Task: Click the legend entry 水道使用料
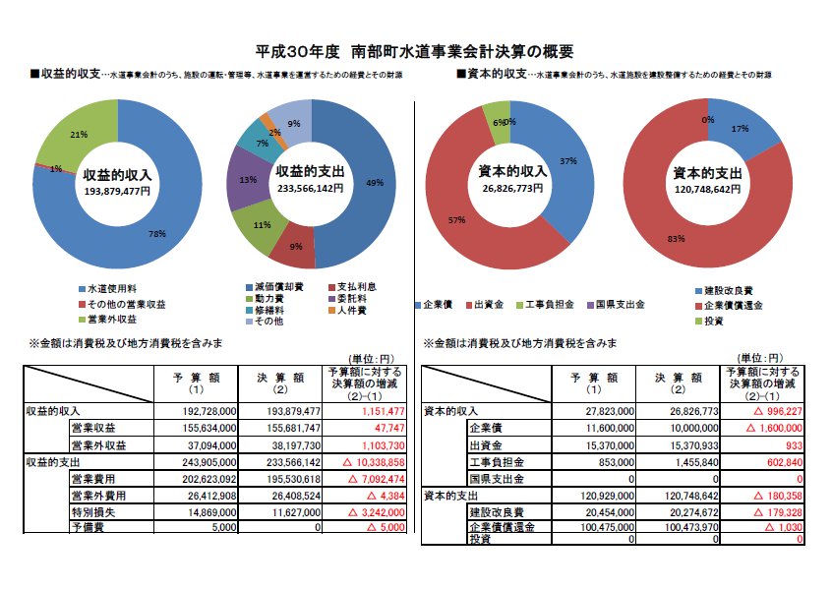[110, 290]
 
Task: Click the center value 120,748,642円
[706, 190]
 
